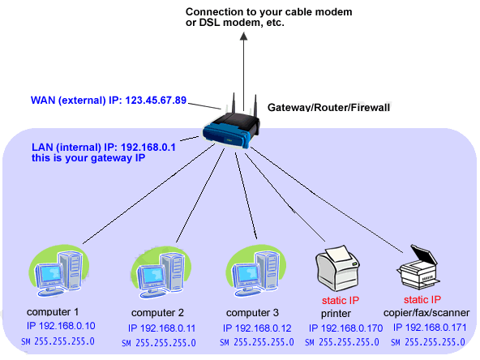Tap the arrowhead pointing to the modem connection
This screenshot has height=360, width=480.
pos(244,36)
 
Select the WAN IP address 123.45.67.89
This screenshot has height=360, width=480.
pos(156,100)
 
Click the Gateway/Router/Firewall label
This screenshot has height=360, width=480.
pos(328,108)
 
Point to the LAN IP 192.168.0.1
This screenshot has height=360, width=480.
pos(148,148)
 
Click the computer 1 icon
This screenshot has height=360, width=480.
pos(59,271)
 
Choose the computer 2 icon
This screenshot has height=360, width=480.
pos(161,272)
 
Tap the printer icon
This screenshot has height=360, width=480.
pos(337,268)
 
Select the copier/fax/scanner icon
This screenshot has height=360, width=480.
pos(418,267)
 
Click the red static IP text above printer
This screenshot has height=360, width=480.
pos(341,301)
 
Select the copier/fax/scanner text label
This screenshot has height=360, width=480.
pos(426,312)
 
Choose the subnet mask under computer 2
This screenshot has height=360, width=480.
pos(159,342)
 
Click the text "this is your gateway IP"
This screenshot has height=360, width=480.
pos(88,158)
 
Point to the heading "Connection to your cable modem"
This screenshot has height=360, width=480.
pos(268,12)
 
